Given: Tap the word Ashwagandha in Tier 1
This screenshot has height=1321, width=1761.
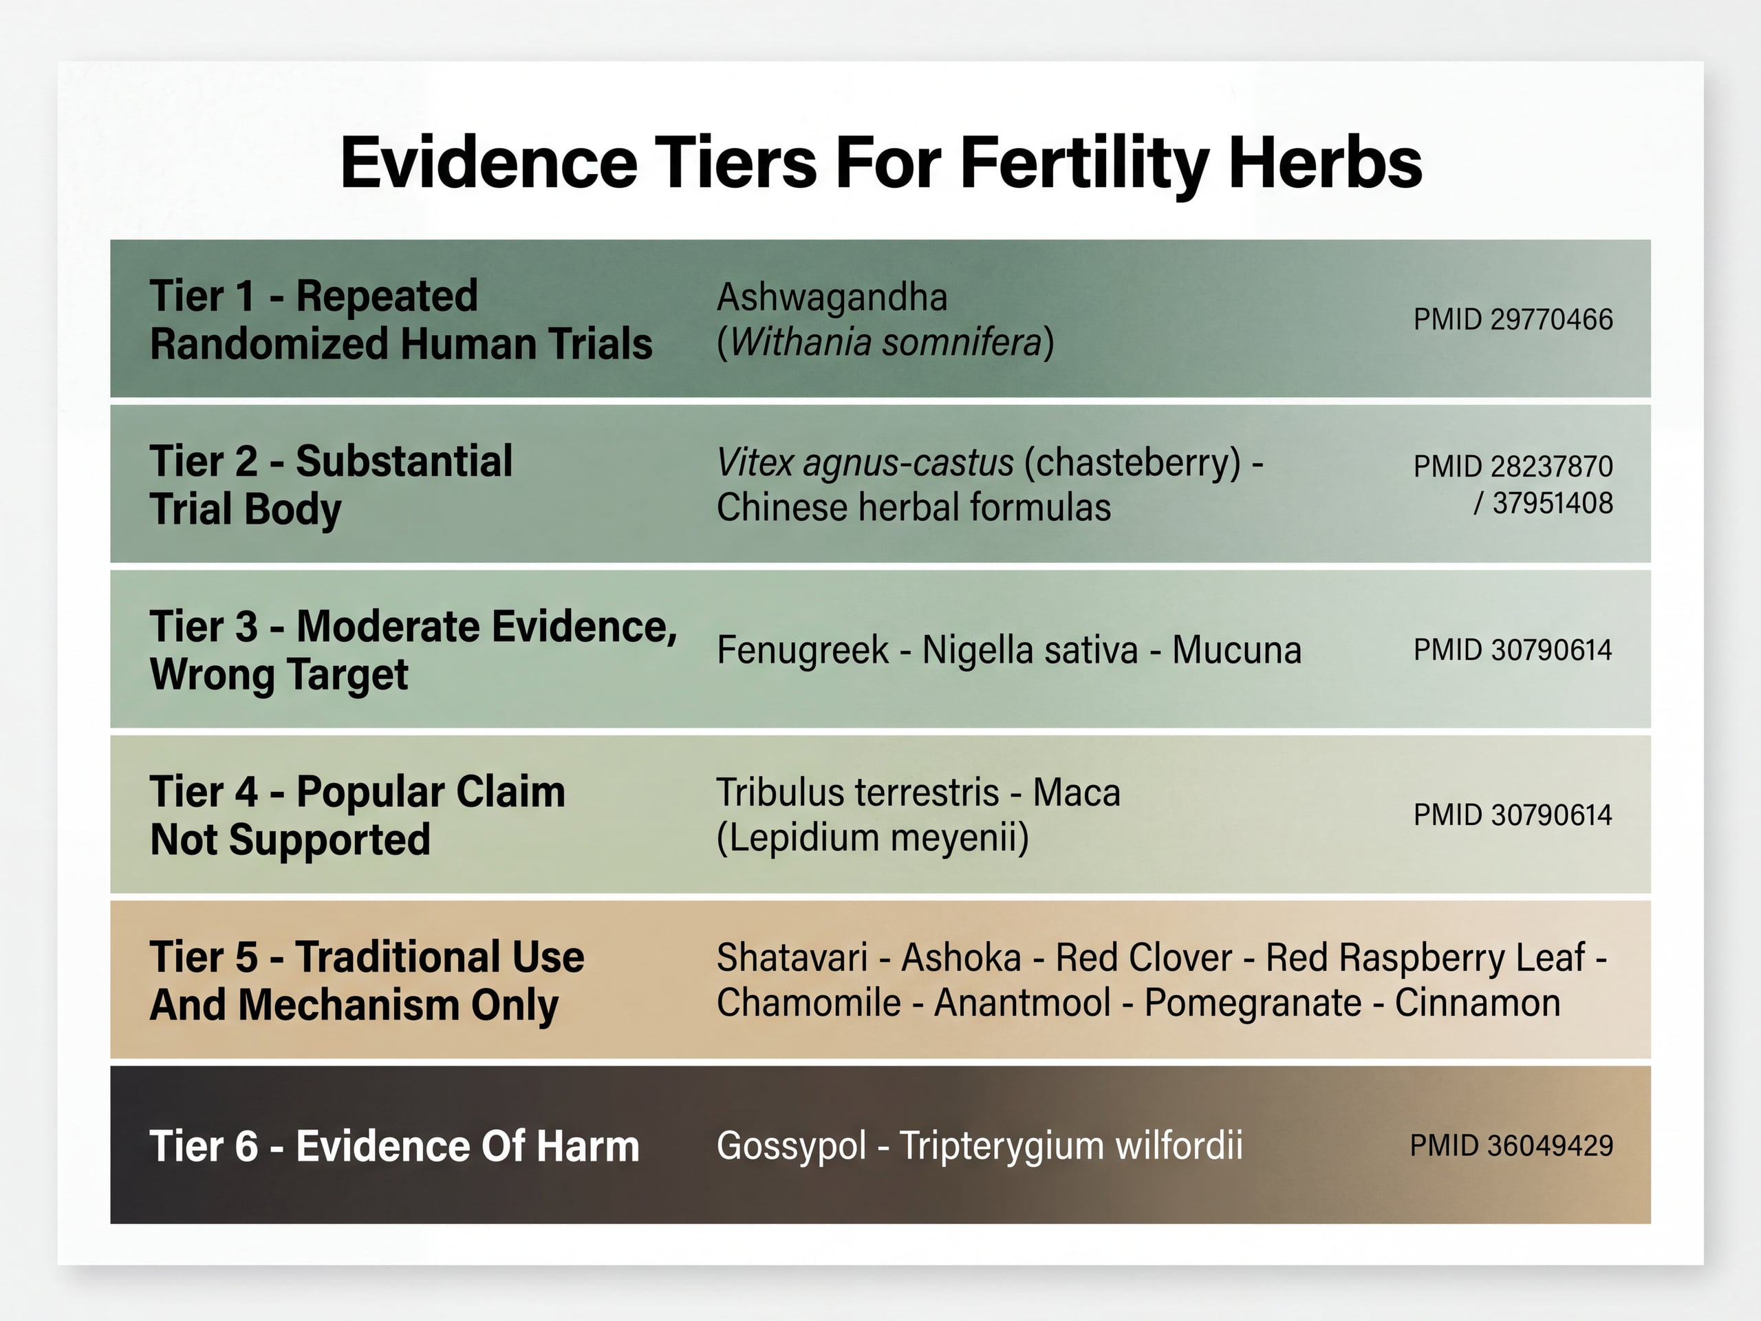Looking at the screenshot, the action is click(x=832, y=297).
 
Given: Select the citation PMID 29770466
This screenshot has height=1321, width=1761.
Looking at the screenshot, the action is click(x=1513, y=319).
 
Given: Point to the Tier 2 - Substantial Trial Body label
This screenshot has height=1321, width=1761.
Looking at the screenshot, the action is click(x=331, y=484).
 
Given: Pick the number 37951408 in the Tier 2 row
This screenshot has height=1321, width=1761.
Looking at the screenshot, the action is click(x=1553, y=503).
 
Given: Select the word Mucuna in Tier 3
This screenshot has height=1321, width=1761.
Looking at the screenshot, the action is click(x=1236, y=649).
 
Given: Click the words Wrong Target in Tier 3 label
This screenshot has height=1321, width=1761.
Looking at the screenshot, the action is click(x=279, y=674).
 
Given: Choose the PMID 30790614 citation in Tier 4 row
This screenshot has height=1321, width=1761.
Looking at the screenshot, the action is click(x=1513, y=815).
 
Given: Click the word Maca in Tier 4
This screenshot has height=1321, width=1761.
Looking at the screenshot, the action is click(x=1077, y=793).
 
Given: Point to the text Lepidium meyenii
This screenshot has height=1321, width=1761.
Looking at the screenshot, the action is click(x=872, y=838).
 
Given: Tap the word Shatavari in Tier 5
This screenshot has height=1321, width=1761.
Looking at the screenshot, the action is click(x=791, y=957).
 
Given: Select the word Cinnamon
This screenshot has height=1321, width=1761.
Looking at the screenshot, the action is click(x=1477, y=1003).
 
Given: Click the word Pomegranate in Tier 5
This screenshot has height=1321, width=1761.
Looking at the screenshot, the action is click(x=1252, y=1003).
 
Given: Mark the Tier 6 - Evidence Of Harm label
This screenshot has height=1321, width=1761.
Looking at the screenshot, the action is click(x=394, y=1146).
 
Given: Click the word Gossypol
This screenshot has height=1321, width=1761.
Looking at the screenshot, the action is click(x=791, y=1146).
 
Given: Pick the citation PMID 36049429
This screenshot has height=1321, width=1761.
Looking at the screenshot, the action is click(x=1511, y=1145).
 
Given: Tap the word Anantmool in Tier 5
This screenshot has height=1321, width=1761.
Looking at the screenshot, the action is click(x=1022, y=1003).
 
